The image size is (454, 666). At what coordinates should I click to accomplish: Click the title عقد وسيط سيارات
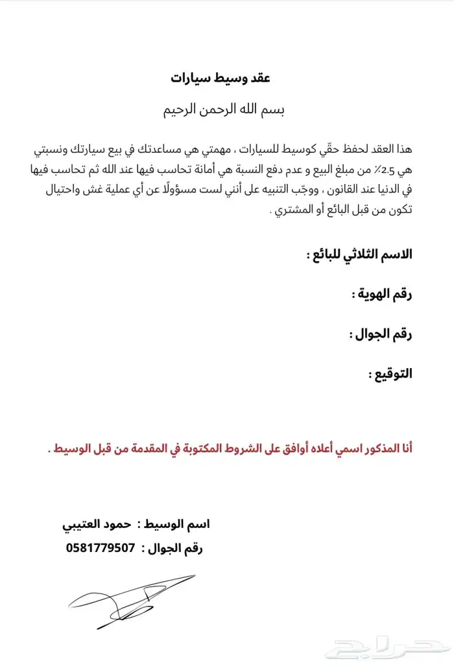(220, 78)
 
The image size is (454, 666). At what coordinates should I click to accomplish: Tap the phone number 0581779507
(101, 548)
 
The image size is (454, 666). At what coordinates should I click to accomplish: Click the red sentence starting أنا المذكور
(230, 448)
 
